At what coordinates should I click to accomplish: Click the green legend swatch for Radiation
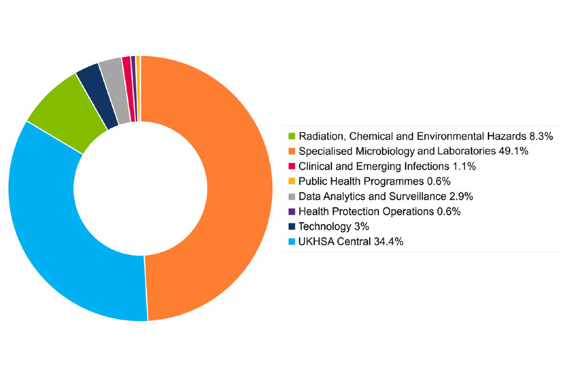click(x=291, y=136)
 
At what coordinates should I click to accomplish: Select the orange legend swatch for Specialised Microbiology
click(x=291, y=151)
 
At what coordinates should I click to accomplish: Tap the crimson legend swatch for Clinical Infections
click(x=291, y=166)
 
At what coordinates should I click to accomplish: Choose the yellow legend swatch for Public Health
click(x=291, y=181)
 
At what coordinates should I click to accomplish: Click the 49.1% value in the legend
click(x=516, y=151)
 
